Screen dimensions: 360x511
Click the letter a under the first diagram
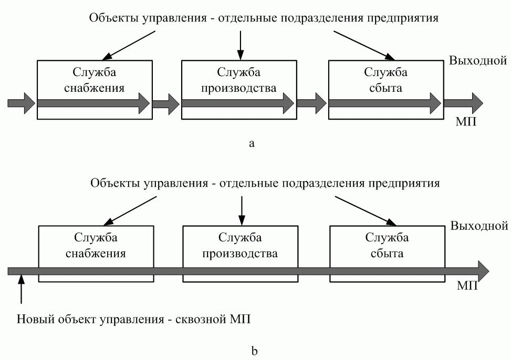point(252,143)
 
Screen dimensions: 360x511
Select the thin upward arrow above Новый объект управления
point(21,291)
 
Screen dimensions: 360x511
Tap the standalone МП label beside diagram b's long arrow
point(467,286)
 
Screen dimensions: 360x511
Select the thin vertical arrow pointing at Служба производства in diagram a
point(240,45)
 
